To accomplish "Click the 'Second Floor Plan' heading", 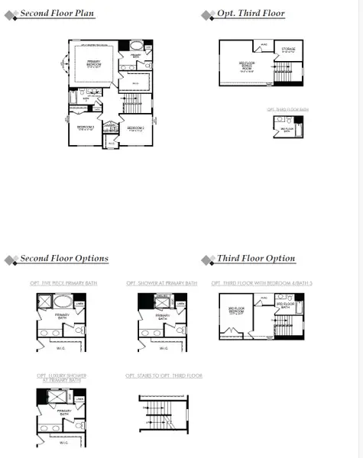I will (57, 14).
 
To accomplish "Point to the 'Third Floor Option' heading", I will (255, 259).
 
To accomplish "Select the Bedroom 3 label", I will (85, 127).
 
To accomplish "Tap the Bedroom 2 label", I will (136, 127).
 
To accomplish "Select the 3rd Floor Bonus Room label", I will (246, 66).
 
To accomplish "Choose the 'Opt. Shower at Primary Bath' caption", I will (161, 283).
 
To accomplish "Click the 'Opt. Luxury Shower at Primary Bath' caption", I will (63, 378).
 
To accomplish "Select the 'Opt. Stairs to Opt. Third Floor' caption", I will (164, 376).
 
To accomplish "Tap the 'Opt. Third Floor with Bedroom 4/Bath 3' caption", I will (258, 283).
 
